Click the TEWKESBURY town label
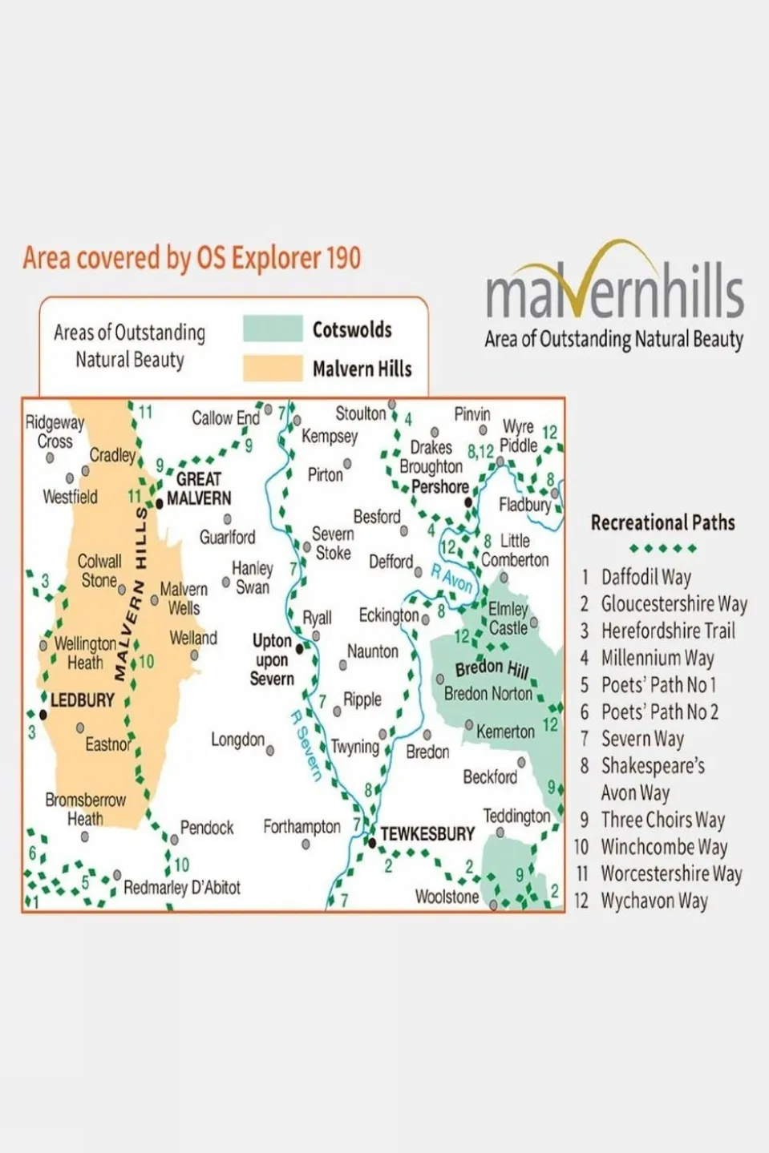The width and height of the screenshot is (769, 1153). [427, 834]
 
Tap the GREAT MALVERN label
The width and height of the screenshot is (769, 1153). [198, 489]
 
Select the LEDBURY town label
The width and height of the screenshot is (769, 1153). [82, 700]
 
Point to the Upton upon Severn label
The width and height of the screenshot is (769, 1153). [272, 660]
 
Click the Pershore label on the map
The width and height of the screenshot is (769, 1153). [439, 486]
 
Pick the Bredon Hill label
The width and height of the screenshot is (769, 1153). [492, 667]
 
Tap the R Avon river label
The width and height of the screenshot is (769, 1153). [451, 578]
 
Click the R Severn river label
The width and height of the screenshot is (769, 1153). [306, 745]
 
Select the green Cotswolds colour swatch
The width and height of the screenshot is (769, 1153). [273, 329]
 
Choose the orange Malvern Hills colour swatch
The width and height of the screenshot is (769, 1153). [273, 368]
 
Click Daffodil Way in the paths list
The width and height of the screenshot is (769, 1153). [646, 577]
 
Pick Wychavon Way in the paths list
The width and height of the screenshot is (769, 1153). [654, 901]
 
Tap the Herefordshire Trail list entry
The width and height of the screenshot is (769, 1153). [667, 631]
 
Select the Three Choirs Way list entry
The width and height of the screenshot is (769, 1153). [662, 820]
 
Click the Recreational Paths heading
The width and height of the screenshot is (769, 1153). [662, 522]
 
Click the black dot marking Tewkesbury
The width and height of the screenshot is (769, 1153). [372, 842]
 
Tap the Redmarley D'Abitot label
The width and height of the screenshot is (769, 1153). [182, 888]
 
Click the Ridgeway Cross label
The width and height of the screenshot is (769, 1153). [55, 431]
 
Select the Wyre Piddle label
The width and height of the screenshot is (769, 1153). [519, 435]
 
